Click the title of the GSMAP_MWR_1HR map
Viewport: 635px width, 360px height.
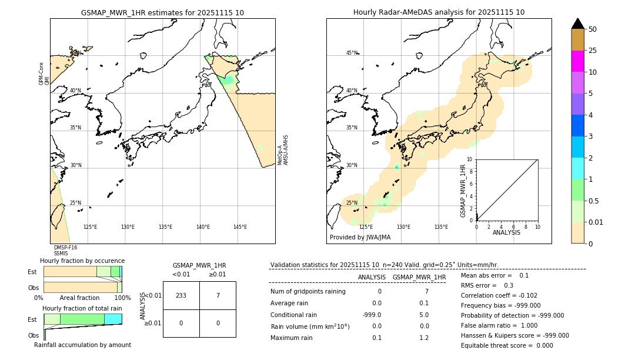(162, 12)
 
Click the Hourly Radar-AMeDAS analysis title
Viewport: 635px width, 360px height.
(439, 12)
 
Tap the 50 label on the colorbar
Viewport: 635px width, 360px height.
(593, 29)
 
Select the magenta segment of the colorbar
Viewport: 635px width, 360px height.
(577, 61)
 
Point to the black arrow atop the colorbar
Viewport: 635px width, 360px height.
(577, 24)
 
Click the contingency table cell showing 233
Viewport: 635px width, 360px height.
(181, 295)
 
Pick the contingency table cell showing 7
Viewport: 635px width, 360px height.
(218, 295)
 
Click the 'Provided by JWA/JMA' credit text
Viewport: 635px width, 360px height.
(360, 238)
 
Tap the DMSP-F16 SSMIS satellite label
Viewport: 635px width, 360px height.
(65, 251)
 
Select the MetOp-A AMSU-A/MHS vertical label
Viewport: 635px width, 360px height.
(283, 150)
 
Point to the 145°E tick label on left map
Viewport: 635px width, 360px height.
(240, 227)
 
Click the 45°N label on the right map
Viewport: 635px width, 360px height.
(352, 53)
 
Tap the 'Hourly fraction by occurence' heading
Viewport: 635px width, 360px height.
(82, 261)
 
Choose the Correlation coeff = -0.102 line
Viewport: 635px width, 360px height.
(499, 295)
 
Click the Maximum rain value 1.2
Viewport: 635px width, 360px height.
(423, 338)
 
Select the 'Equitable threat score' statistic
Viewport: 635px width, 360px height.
(507, 345)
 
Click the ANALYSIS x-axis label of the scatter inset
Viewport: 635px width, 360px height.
(506, 232)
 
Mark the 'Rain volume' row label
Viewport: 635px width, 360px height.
(310, 326)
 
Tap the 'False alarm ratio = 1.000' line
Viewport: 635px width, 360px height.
(500, 325)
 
